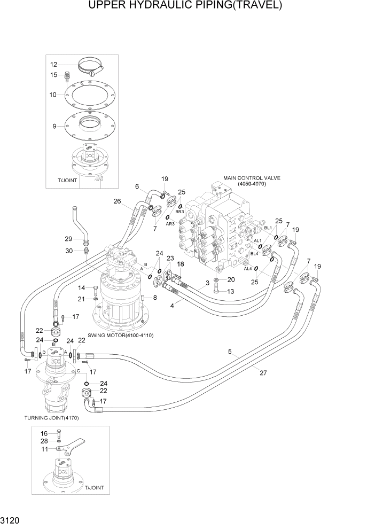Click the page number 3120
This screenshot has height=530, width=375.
[x=11, y=520]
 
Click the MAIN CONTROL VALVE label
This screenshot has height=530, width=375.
[x=252, y=178]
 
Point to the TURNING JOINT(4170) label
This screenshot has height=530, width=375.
[x=51, y=418]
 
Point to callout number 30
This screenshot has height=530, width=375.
[x=69, y=251]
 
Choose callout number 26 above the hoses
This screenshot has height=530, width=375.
[x=118, y=201]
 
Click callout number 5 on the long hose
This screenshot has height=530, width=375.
[x=230, y=352]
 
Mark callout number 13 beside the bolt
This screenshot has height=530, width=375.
[x=231, y=291]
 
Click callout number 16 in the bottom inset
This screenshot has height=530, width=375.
[x=44, y=433]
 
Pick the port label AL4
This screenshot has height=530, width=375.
[x=247, y=269]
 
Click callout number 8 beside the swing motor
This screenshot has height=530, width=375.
[x=155, y=298]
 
